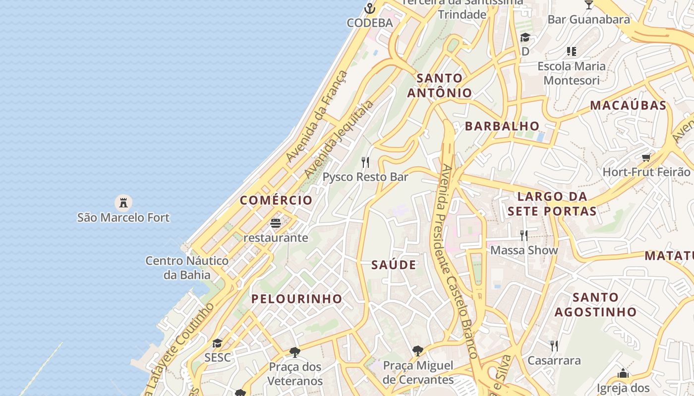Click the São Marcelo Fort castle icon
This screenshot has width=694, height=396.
123,202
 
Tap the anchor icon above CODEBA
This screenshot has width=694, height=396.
369,8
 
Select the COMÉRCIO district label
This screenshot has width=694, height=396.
276,200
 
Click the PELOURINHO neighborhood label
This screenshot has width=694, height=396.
296,298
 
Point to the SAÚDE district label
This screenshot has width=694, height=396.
394,265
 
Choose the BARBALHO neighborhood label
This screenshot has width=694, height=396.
502,126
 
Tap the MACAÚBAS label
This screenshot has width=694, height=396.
628,105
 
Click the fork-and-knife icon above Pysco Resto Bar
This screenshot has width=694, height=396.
365,162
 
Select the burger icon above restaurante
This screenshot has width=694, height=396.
276,223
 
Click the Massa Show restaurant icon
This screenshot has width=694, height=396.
524,235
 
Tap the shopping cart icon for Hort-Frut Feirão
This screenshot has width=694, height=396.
646,158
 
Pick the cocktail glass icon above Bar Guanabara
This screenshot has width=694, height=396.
588,5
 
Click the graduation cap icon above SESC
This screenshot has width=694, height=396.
217,343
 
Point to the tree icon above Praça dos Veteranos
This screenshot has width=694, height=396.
295,352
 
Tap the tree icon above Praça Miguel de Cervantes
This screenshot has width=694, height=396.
418,351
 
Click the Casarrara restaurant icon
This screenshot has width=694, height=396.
554,346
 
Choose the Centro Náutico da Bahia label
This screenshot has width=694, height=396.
187,267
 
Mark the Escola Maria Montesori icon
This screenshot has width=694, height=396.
572,51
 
